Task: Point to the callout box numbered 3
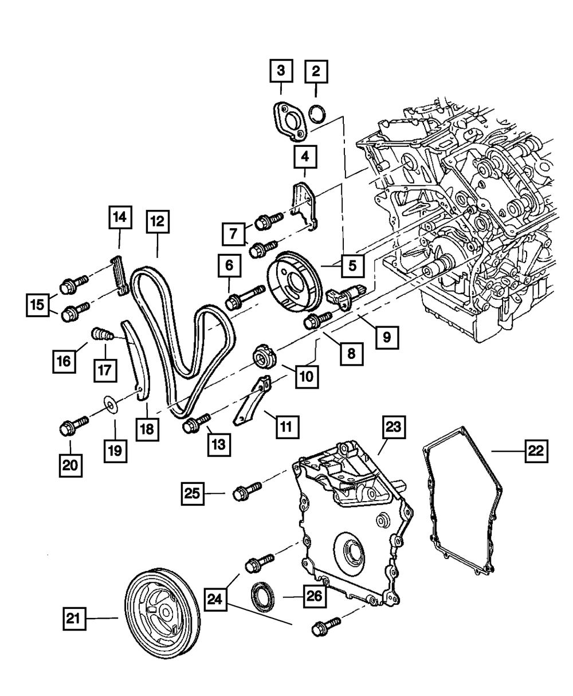coord(281,72)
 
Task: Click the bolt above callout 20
coord(72,425)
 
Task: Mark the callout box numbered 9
coord(387,337)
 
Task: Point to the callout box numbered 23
coord(395,428)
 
